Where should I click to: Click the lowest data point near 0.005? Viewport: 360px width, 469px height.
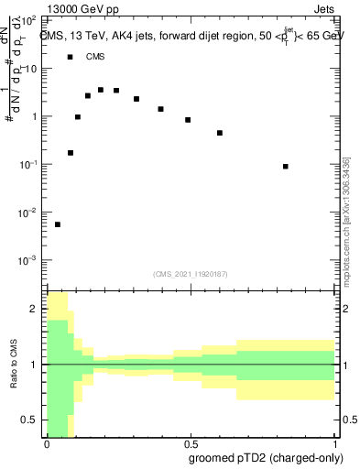click(x=58, y=224)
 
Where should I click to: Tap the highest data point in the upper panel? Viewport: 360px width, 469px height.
click(x=101, y=90)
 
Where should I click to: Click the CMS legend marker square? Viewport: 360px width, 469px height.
click(x=71, y=57)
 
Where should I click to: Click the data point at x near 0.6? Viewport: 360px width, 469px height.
click(x=220, y=133)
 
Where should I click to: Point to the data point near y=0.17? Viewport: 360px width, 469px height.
click(x=71, y=153)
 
